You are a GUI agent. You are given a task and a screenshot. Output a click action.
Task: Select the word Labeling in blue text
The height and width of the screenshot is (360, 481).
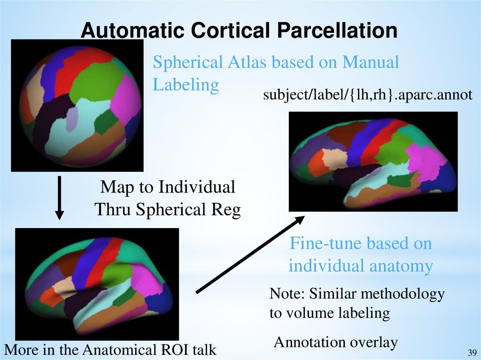click(x=186, y=85)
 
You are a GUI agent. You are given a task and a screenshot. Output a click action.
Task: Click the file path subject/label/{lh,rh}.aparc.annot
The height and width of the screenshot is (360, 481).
click(x=367, y=95)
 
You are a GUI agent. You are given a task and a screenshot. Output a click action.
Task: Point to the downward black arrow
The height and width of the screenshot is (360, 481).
click(x=59, y=197)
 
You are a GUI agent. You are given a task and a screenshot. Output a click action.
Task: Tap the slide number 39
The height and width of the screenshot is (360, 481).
click(x=472, y=352)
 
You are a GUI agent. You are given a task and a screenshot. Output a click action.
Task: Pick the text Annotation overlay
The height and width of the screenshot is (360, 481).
click(x=335, y=342)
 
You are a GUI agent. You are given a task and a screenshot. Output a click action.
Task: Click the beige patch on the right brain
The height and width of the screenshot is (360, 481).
click(x=334, y=159)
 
